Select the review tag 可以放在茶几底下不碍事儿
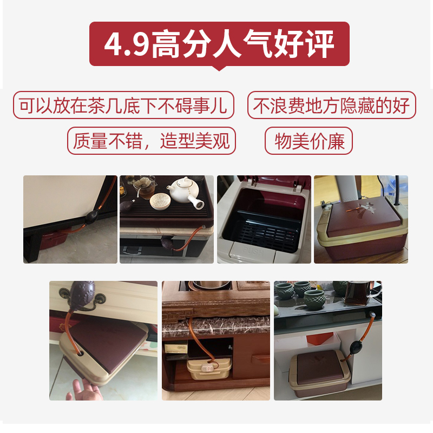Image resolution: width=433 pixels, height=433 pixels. click(x=123, y=106)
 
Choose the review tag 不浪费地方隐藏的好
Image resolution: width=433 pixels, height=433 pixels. click(x=332, y=106)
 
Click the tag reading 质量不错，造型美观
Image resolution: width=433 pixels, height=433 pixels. click(x=152, y=141)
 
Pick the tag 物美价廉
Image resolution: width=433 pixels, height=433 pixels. click(x=309, y=141)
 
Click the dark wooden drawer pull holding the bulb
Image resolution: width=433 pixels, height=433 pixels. click(x=86, y=294)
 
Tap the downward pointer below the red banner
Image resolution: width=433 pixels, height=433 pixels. click(x=219, y=68)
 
